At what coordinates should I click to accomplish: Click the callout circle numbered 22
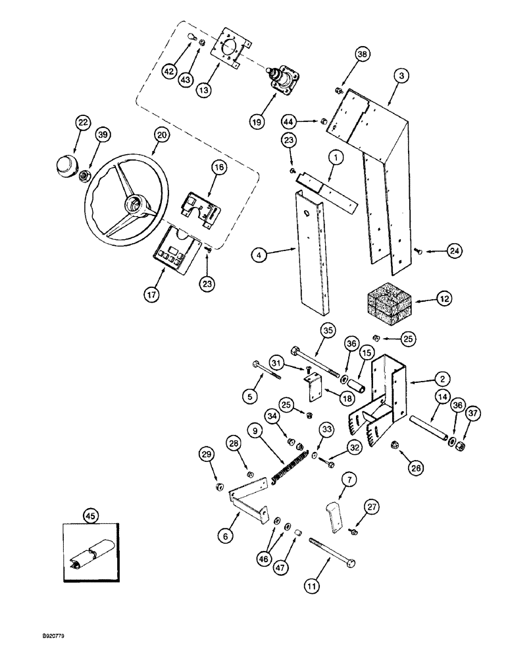tap(82, 123)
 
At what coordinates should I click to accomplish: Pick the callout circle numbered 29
tap(207, 455)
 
